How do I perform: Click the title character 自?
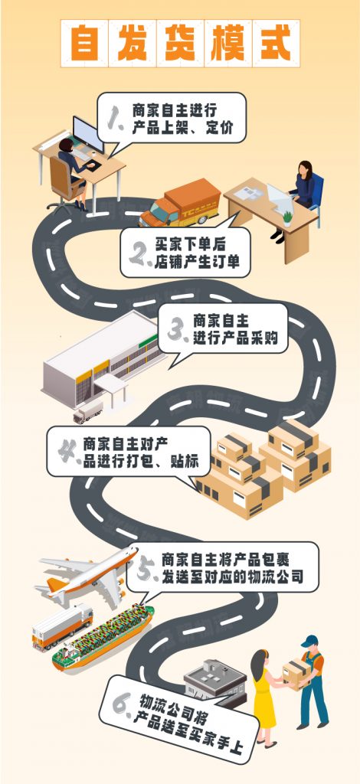(84, 43)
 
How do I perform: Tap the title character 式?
(276, 43)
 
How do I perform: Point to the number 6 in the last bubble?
(123, 704)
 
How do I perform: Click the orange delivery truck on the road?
(180, 202)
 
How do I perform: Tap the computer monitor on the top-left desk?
(88, 134)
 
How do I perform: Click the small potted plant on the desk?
(287, 218)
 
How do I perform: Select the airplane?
(87, 577)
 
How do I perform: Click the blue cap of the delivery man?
(309, 641)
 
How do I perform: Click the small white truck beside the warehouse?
(88, 412)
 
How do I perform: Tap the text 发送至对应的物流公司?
(233, 577)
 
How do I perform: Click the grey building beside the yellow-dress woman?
(215, 682)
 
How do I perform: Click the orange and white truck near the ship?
(63, 627)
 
